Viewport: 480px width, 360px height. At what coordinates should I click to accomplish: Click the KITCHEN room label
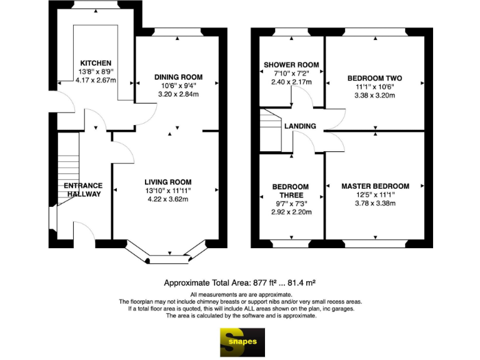coord(96,63)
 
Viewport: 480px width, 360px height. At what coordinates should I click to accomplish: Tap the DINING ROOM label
coord(178,77)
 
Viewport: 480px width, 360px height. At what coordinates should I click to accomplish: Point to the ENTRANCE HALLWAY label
coord(82,189)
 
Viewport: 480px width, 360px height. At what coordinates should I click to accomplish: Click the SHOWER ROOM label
coord(291,64)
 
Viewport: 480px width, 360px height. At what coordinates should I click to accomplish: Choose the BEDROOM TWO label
coord(374,78)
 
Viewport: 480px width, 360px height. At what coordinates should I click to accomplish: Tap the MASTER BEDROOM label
coord(375,186)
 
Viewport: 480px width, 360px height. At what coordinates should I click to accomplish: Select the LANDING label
coord(300,126)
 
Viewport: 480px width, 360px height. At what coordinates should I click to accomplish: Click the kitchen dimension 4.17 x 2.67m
coord(96,80)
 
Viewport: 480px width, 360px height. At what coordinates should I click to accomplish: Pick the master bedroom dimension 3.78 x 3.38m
coord(375,203)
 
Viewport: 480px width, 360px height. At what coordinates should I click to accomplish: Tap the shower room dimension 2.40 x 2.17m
coord(291,82)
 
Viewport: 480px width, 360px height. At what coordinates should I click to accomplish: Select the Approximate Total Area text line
coord(242,282)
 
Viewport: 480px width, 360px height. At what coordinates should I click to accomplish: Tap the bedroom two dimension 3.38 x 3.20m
coord(374,96)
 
